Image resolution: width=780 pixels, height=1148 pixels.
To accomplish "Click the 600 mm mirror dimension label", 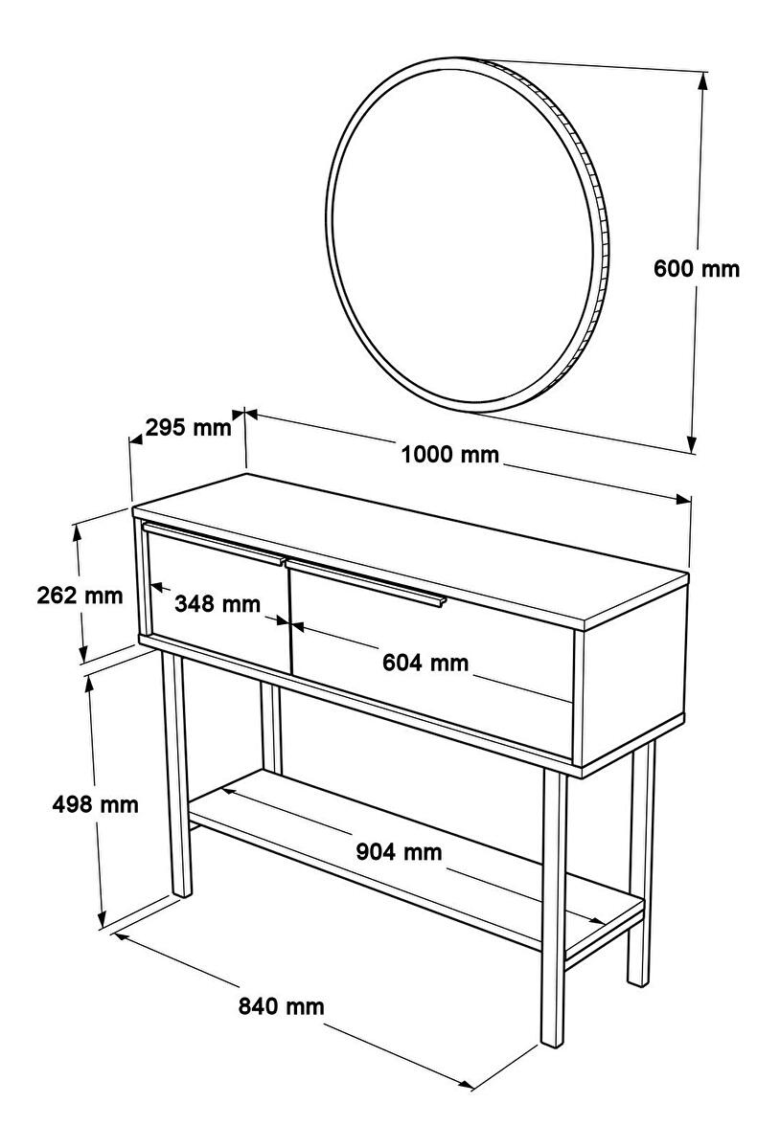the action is coord(696,269).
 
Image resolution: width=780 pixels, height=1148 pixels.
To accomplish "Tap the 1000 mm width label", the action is coord(449,455).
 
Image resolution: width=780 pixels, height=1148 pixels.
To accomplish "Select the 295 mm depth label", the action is coord(188,427).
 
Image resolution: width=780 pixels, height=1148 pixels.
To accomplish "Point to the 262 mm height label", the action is coord(80,595).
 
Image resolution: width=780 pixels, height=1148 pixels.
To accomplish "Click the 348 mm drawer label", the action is coord(218,603).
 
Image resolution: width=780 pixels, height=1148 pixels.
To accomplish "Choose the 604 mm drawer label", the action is coord(425,663).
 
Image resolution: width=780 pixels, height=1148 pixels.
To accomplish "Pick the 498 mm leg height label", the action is coord(95,804).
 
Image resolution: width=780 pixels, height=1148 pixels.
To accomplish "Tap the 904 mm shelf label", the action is coord(400,851).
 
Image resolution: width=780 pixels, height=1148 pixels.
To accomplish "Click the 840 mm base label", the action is coord(281,1006).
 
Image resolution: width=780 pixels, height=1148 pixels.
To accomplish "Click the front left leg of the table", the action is coord(177,775).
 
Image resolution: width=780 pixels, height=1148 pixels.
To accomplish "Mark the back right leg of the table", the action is coord(640,863).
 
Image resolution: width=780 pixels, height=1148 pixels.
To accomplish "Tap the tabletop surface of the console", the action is coord(410,550).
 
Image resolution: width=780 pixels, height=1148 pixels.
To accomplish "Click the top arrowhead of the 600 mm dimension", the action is coord(702,80).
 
